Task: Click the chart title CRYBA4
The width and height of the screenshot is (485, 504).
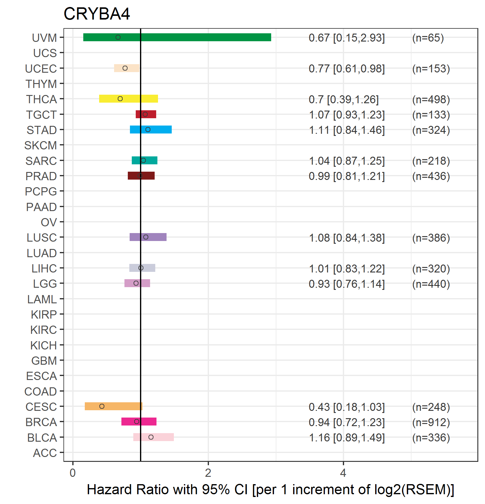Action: click(x=97, y=14)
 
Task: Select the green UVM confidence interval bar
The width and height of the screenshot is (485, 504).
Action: click(x=177, y=37)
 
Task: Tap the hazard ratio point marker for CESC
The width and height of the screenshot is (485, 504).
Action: click(x=102, y=406)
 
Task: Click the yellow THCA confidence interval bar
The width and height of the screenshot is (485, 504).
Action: click(x=128, y=99)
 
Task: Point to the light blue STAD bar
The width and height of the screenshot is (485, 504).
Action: click(x=151, y=130)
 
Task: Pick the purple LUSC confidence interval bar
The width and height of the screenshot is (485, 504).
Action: click(x=148, y=237)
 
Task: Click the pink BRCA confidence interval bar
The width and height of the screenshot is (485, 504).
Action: click(x=139, y=422)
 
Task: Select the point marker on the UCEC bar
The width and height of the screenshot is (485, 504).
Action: click(x=125, y=68)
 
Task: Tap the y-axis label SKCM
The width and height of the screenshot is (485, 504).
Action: click(x=41, y=145)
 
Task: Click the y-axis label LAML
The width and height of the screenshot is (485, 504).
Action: click(x=42, y=299)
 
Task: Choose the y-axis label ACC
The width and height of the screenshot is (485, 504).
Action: click(x=45, y=453)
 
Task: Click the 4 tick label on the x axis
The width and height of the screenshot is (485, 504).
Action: click(x=343, y=473)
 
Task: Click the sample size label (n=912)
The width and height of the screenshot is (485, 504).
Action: click(x=431, y=422)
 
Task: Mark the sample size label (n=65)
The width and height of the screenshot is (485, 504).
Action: click(x=428, y=38)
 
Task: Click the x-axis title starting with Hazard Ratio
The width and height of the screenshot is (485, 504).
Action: click(x=271, y=490)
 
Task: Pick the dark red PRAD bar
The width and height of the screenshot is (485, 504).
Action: click(x=141, y=176)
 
